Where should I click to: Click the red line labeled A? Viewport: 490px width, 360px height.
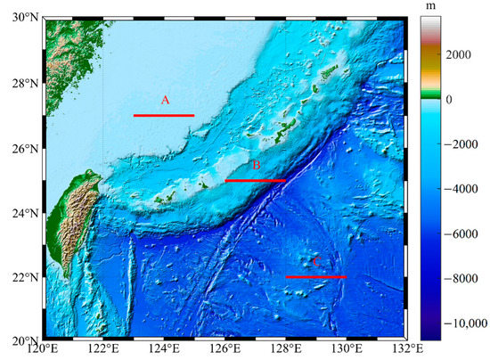163,115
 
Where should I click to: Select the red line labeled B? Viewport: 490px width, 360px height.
255,181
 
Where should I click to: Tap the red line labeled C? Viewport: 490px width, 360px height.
315,277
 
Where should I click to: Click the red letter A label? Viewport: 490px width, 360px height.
165,101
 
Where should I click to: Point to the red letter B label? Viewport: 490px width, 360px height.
256,166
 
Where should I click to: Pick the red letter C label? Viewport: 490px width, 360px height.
314,262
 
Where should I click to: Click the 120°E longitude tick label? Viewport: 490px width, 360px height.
43,350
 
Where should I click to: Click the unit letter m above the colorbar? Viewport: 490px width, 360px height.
433,7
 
